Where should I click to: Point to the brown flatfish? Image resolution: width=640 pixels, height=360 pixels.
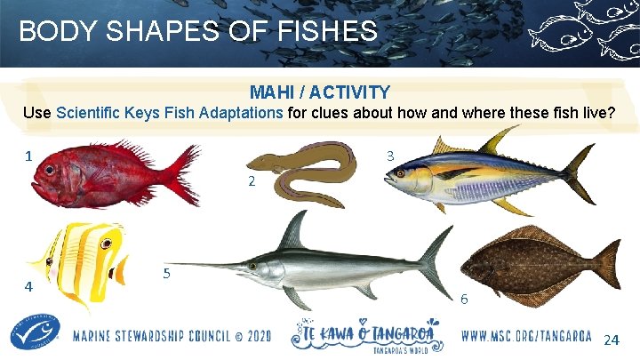[533, 262]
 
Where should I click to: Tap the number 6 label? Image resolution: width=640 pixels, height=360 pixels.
[464, 300]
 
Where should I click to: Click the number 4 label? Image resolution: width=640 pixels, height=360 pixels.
[29, 287]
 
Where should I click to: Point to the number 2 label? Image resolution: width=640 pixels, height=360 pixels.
[252, 181]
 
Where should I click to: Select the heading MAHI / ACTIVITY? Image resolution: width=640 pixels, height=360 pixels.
[319, 92]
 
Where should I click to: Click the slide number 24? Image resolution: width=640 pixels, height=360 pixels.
[612, 340]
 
